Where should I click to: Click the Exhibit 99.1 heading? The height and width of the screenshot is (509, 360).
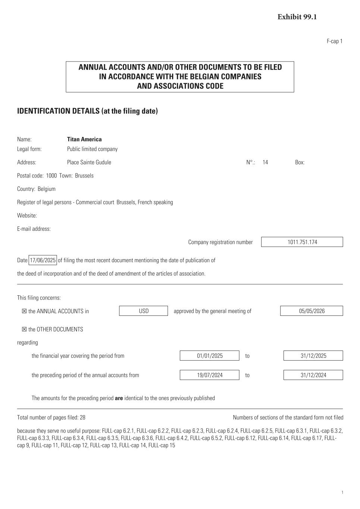click(x=297, y=17)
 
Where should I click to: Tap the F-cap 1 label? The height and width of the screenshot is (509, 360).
click(x=334, y=41)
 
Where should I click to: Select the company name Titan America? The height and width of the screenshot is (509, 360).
click(x=84, y=139)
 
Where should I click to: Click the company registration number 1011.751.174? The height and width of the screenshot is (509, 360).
click(x=302, y=242)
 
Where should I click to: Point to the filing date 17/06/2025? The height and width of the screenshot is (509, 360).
click(x=43, y=260)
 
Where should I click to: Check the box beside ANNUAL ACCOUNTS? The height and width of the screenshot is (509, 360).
click(x=24, y=311)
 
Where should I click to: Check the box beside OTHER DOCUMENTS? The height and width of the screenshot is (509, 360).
click(x=24, y=330)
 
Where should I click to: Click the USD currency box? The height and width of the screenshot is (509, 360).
click(x=144, y=311)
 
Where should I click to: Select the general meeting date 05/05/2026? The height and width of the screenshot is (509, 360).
click(x=312, y=311)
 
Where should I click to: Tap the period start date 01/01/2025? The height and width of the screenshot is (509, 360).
click(x=210, y=356)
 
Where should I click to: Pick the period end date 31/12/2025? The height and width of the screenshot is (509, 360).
click(x=313, y=356)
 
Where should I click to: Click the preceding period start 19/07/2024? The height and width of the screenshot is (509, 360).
click(x=210, y=375)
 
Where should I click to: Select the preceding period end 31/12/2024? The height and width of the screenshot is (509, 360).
click(x=313, y=375)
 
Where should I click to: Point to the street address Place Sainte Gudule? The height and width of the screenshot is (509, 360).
click(x=89, y=163)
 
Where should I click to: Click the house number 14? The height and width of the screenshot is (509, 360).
click(x=265, y=163)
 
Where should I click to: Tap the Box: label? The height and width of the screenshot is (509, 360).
click(x=300, y=163)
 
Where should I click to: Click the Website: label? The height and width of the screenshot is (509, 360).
click(x=27, y=216)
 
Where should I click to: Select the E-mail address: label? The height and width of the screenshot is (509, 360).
click(x=34, y=229)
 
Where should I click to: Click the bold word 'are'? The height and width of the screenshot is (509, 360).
click(x=119, y=398)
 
